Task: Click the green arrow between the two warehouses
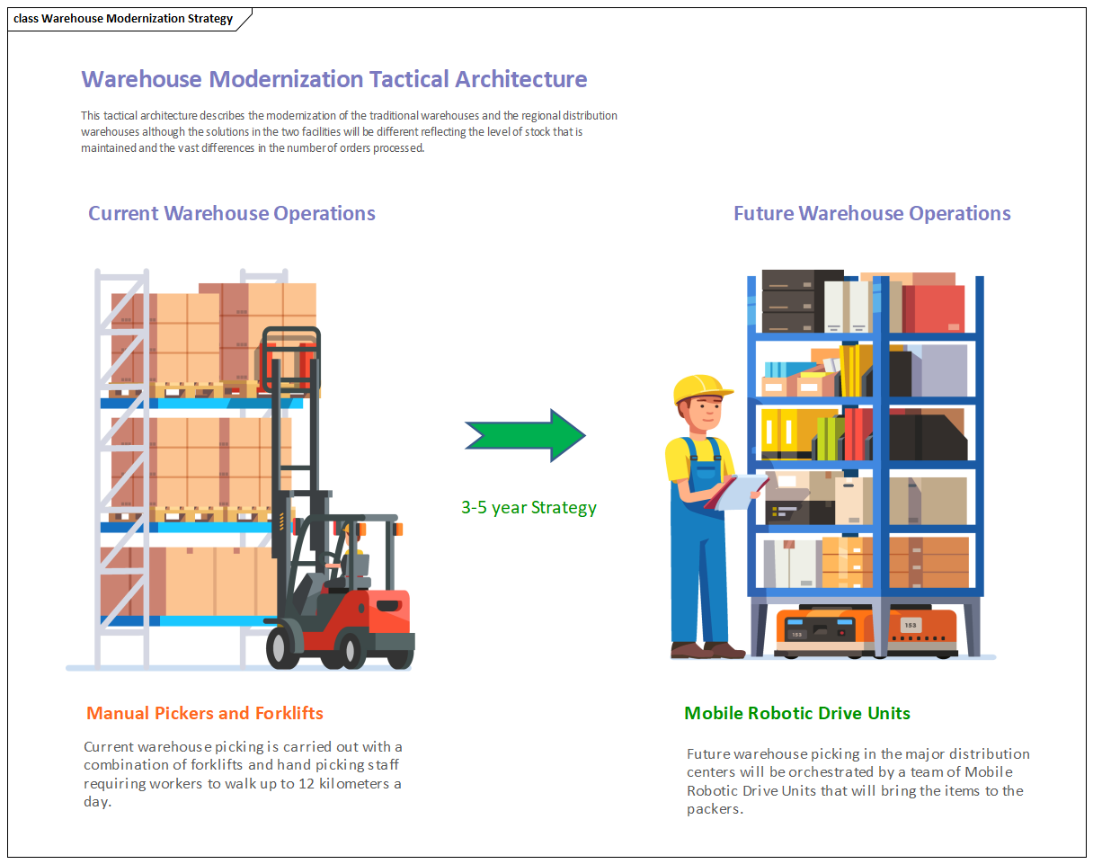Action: tap(526, 436)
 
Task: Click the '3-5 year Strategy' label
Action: tap(529, 507)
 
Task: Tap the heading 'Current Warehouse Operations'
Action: tap(231, 213)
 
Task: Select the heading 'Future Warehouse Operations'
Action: tap(872, 213)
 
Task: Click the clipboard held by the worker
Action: tap(738, 492)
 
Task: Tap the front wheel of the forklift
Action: tap(286, 646)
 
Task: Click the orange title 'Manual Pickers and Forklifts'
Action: tap(204, 713)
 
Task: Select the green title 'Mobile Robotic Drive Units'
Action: tap(797, 713)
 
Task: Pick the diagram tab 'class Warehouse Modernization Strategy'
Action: tap(123, 19)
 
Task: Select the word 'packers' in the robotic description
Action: tap(714, 808)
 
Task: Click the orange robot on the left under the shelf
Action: tap(822, 631)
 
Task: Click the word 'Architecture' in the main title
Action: tap(521, 79)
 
